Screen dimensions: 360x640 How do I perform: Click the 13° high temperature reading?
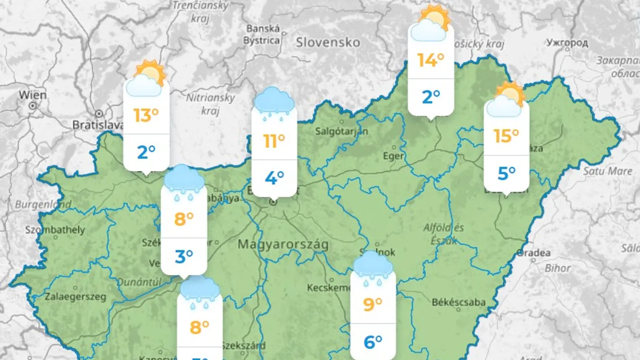click(x=146, y=115)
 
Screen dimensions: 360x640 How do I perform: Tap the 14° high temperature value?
click(x=430, y=60)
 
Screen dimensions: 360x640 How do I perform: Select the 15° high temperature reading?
click(x=506, y=136)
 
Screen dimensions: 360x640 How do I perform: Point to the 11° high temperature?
click(x=274, y=141)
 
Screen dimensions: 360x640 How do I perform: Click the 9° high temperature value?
click(x=373, y=304)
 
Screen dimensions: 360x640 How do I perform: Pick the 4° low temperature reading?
click(x=274, y=178)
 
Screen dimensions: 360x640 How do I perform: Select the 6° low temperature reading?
click(x=373, y=341)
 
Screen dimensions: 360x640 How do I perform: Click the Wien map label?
click(x=33, y=95)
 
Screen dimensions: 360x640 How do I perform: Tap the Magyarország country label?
click(x=283, y=245)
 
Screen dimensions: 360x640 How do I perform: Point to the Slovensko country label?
click(x=328, y=42)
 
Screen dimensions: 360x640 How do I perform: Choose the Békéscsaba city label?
click(x=459, y=302)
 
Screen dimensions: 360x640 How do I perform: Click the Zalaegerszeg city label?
click(x=76, y=297)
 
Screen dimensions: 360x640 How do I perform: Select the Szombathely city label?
click(x=55, y=230)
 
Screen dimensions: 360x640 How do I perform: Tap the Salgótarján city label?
click(x=342, y=131)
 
